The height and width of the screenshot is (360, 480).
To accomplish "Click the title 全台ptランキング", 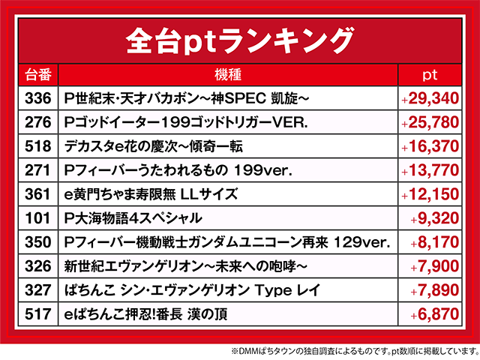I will pyautogui.click(x=239, y=38).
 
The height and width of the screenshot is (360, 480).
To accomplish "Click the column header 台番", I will pyautogui.click(x=38, y=75).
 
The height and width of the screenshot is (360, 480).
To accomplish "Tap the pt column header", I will pyautogui.click(x=429, y=75).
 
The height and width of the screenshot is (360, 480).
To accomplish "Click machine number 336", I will pyautogui.click(x=38, y=98).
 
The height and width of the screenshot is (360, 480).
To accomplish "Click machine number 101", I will pyautogui.click(x=38, y=218).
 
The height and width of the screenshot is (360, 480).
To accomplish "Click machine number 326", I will pyautogui.click(x=38, y=266).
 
